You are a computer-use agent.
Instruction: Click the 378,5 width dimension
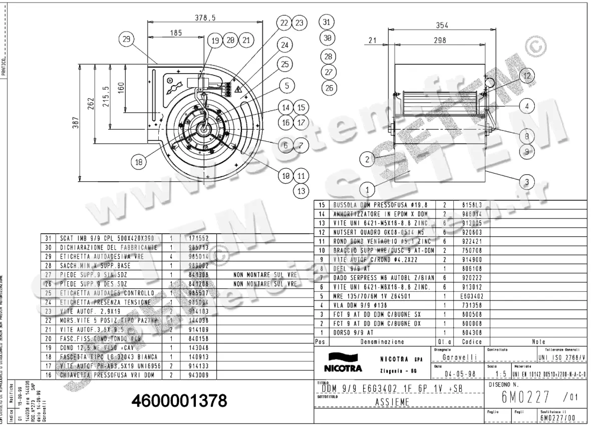tap(204, 18)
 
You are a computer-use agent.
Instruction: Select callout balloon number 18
tap(139, 161)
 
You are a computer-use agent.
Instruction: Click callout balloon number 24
tap(284, 45)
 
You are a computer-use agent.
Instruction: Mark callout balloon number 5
tap(287, 86)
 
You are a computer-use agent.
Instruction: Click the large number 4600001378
tap(179, 401)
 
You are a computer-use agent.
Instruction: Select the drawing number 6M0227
tap(525, 397)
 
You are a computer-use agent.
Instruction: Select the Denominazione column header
tap(383, 341)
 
